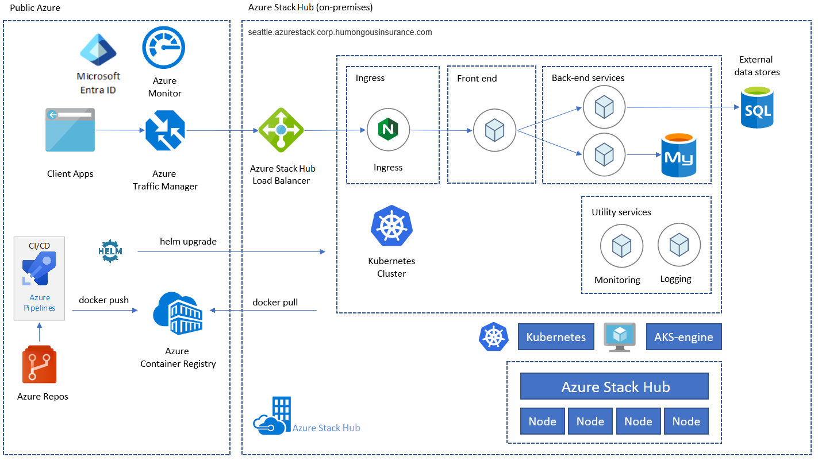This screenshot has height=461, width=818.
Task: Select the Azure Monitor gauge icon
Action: coord(164,48)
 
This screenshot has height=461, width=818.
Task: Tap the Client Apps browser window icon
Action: coord(70,130)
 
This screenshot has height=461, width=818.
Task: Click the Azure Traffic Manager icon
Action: coord(165,130)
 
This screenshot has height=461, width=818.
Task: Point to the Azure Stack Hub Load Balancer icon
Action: coord(281,130)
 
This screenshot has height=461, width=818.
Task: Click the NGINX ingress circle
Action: coord(388,130)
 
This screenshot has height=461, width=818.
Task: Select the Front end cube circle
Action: coord(494,130)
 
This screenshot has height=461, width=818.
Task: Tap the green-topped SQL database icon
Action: coord(757,107)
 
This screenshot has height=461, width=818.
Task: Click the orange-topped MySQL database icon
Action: coord(679,156)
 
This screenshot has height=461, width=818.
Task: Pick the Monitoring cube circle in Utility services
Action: coord(621,246)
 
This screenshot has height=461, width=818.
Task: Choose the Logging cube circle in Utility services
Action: coord(679,245)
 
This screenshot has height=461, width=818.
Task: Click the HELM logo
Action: coord(110,251)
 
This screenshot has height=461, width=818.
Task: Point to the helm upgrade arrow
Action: coord(232,251)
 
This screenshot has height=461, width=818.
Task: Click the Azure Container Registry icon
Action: coord(178,313)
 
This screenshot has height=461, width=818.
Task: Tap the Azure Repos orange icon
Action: coord(40,365)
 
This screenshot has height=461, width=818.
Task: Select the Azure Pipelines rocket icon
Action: coord(39,269)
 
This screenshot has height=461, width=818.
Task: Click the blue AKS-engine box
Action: coord(683,336)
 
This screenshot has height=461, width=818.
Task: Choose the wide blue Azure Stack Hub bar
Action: coord(615,386)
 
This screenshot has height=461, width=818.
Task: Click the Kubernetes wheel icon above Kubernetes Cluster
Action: coord(392,226)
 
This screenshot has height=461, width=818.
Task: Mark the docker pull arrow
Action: coord(263,311)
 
